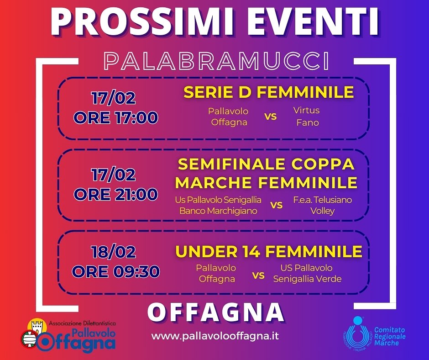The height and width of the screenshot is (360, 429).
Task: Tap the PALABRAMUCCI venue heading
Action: tap(217, 61)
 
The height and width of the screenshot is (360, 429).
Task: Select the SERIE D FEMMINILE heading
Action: tap(269, 92)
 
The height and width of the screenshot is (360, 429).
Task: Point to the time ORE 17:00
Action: tap(116, 117)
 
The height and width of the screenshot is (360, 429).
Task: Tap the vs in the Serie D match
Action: tap(270, 116)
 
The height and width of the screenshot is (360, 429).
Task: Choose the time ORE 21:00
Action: tap(116, 194)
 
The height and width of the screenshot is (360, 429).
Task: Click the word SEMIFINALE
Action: tap(231, 164)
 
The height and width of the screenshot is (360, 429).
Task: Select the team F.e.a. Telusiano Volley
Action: tap(323, 205)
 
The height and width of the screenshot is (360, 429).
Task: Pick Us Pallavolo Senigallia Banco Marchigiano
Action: tap(218, 205)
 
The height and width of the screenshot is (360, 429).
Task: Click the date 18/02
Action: tap(114, 252)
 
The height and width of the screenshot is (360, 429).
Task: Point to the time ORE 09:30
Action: tap(116, 271)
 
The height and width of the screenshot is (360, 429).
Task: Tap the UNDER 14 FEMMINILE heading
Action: tap(269, 251)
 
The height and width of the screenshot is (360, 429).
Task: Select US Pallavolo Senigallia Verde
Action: tap(307, 273)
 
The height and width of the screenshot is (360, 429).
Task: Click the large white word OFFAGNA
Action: tap(216, 312)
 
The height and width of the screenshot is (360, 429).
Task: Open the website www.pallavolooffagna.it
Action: tap(215, 336)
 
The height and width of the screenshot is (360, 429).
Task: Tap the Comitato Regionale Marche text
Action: tap(390, 336)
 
